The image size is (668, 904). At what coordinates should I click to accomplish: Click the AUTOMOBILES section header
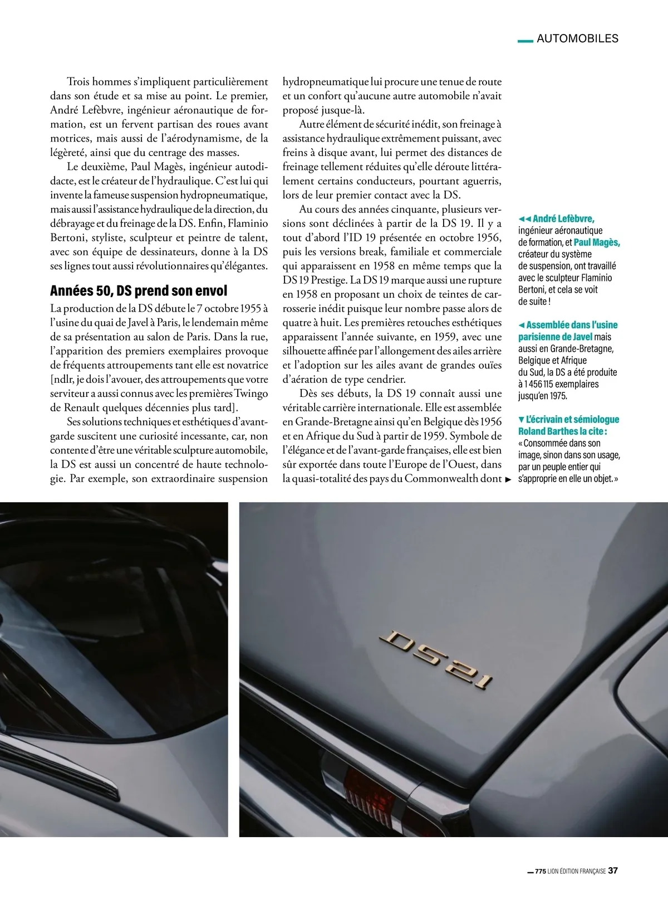click(577, 38)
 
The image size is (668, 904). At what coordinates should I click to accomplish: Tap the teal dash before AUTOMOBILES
click(525, 40)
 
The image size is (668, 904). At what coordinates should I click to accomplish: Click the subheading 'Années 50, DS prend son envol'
click(139, 290)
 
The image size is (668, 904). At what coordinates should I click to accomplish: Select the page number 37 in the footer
click(613, 871)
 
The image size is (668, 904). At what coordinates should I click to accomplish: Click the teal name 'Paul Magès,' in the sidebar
click(597, 242)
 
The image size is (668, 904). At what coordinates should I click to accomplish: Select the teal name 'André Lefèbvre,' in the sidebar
click(563, 218)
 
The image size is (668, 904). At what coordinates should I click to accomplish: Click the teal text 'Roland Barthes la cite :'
click(562, 431)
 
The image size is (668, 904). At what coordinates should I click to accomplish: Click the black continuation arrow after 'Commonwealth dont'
click(508, 479)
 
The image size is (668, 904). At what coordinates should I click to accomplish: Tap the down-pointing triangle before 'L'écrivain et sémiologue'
click(521, 419)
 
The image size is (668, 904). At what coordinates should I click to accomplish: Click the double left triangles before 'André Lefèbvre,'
click(524, 219)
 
